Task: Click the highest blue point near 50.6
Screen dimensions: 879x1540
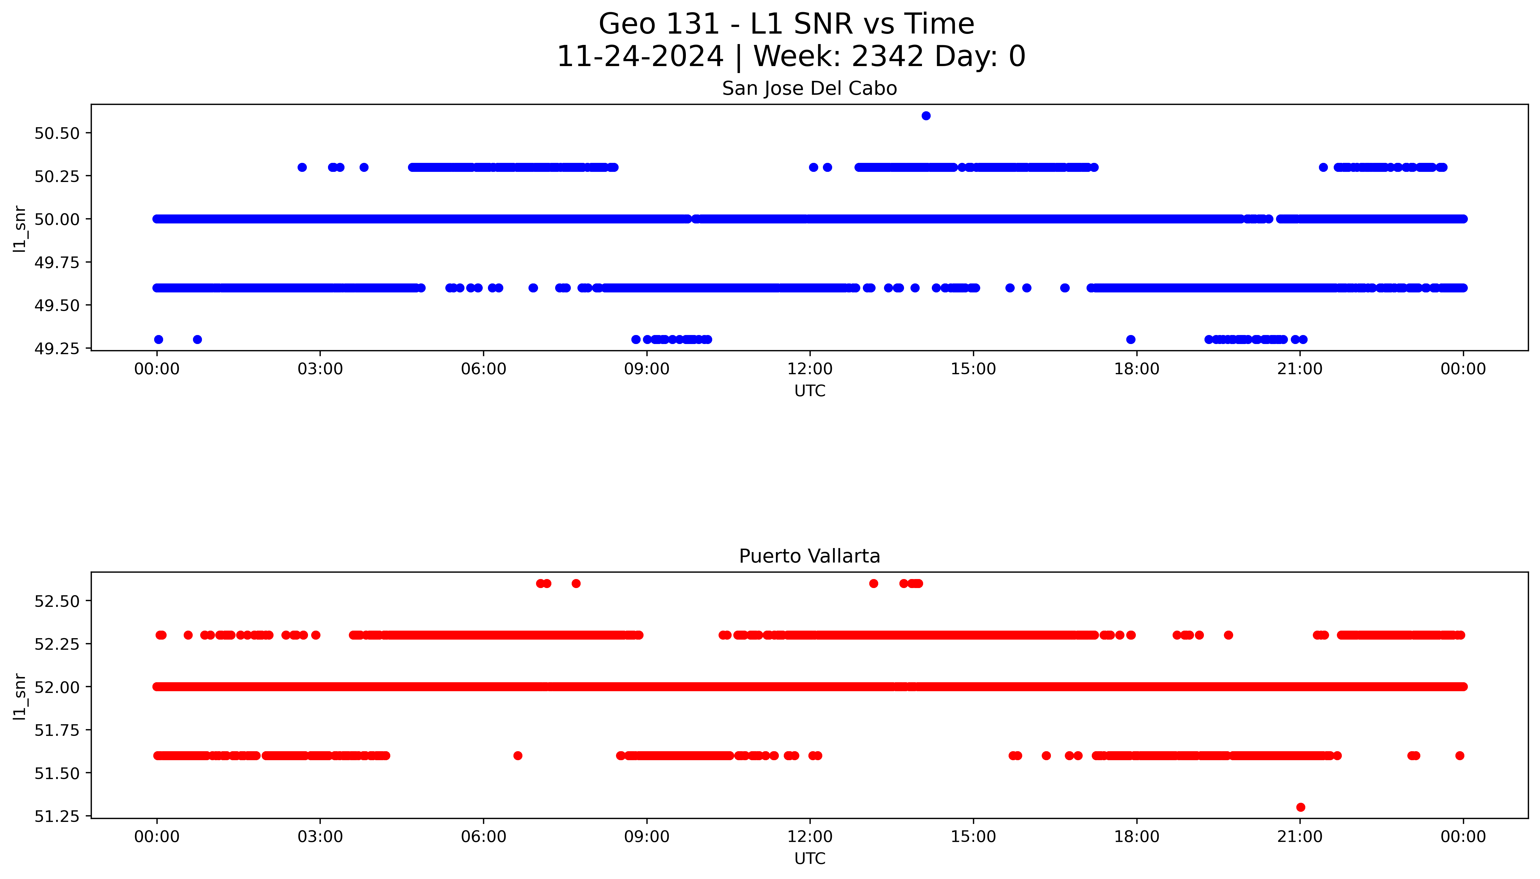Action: point(926,116)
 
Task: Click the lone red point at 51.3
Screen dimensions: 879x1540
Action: point(1300,807)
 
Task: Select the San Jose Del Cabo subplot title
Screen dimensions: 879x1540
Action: point(809,89)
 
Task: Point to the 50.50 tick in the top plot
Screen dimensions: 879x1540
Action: point(57,133)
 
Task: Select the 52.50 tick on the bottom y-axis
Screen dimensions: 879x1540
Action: point(57,601)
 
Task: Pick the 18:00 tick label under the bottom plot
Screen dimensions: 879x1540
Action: point(1136,837)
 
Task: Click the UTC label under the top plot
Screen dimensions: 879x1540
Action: point(809,391)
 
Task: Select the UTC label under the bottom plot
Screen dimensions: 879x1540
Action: point(809,858)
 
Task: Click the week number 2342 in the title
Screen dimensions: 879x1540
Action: point(887,57)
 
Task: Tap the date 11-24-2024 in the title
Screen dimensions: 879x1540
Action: point(640,57)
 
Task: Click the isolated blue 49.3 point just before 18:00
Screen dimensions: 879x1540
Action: point(1131,339)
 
